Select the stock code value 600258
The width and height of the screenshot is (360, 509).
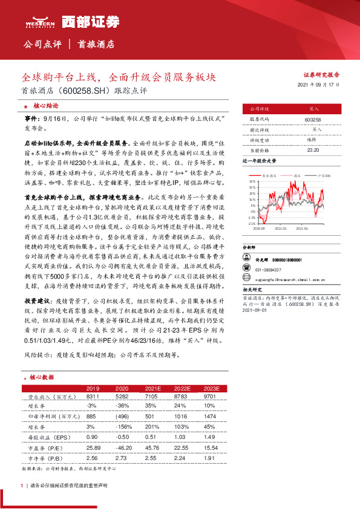coord(313,120)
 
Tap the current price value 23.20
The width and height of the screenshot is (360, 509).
coord(313,149)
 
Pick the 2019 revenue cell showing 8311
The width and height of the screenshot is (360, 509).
coord(93,396)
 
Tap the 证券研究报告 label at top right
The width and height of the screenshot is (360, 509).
coord(321,74)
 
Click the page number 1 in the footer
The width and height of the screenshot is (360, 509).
coord(22,485)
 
